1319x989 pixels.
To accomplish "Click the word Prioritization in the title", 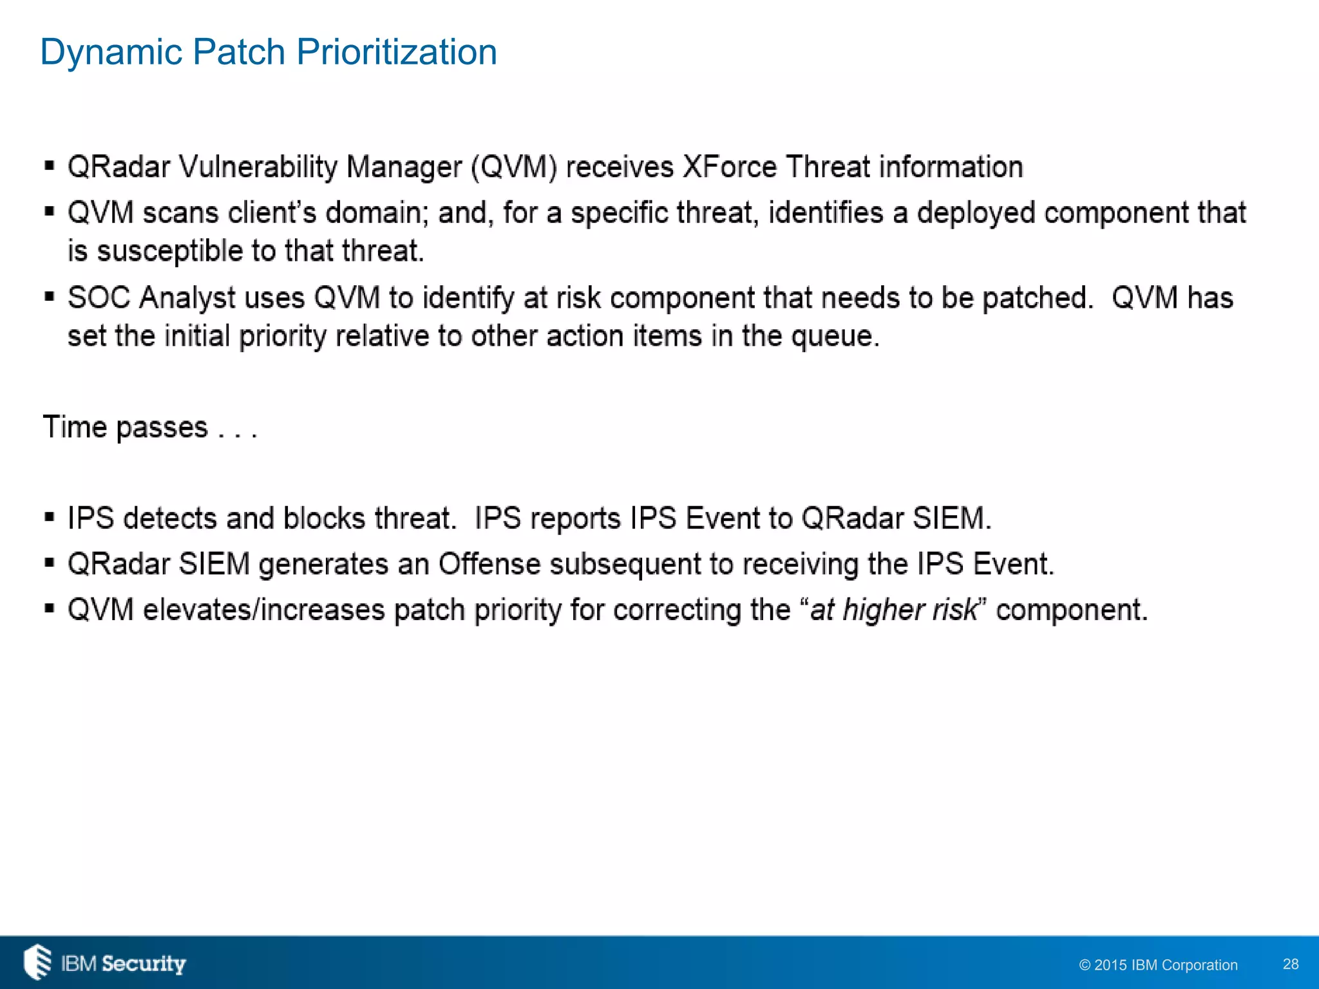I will click(x=396, y=52).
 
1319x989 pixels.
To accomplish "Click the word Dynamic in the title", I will click(x=110, y=52).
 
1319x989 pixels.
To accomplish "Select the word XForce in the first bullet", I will click(x=730, y=167).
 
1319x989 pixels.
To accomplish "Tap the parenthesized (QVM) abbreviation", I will click(x=514, y=167).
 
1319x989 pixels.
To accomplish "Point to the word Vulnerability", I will click(x=258, y=167).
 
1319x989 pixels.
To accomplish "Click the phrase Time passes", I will click(x=126, y=428).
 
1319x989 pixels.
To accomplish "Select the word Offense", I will click(x=489, y=564).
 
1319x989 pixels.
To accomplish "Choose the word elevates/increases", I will click(x=263, y=610).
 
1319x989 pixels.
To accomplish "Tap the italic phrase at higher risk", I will click(x=893, y=610).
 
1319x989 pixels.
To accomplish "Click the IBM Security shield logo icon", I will click(x=37, y=962).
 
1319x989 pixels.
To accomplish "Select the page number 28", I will click(x=1291, y=964).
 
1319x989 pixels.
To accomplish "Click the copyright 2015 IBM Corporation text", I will click(x=1158, y=965).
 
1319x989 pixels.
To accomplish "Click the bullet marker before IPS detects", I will click(x=50, y=517).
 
